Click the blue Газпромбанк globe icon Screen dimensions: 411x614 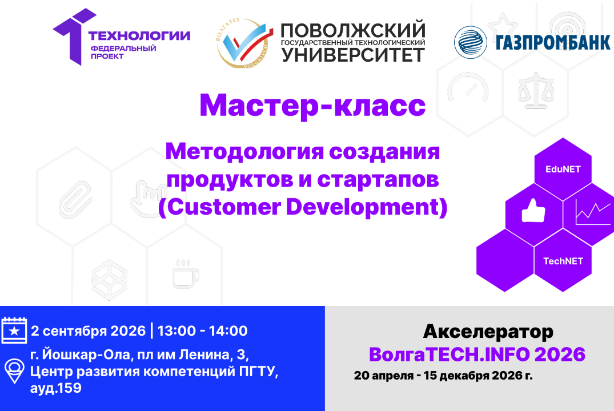pyautogui.click(x=471, y=42)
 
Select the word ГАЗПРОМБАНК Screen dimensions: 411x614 pyautogui.click(x=552, y=43)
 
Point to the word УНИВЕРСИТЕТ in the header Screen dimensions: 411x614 pyautogui.click(x=354, y=55)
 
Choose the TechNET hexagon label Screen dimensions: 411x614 pyautogui.click(x=563, y=261)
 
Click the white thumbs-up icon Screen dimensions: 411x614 pyautogui.click(x=533, y=212)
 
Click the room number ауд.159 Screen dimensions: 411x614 pyautogui.click(x=55, y=389)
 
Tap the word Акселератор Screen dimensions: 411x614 pyautogui.click(x=488, y=331)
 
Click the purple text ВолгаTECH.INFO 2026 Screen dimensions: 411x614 pyautogui.click(x=477, y=354)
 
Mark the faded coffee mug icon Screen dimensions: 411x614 pyautogui.click(x=185, y=273)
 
